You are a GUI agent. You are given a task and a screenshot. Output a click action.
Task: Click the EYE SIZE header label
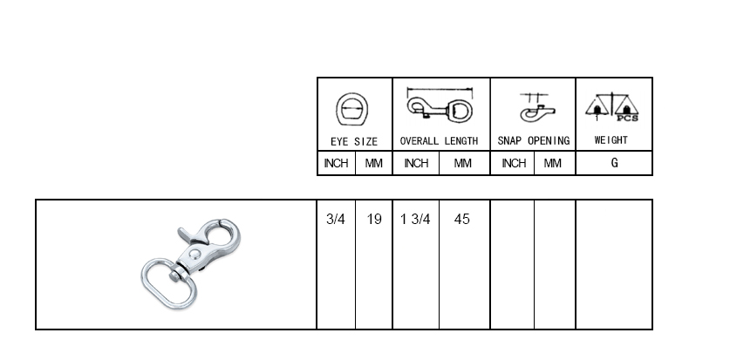pos(354,141)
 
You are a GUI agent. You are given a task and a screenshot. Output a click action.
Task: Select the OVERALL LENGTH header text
pos(439,141)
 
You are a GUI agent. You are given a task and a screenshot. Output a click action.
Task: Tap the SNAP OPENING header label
pos(534,141)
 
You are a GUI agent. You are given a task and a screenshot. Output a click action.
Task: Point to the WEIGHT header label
pos(611,140)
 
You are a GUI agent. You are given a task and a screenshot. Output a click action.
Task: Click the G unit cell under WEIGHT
pos(615,163)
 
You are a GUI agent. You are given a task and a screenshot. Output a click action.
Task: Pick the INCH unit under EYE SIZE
pos(336,163)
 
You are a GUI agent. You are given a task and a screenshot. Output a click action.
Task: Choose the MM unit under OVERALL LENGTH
pos(462,163)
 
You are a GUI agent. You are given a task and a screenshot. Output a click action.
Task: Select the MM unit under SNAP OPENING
pos(553,163)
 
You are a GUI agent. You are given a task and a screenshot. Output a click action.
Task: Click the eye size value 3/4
pos(336,219)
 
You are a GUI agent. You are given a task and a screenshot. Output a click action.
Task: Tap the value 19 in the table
pos(374,219)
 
